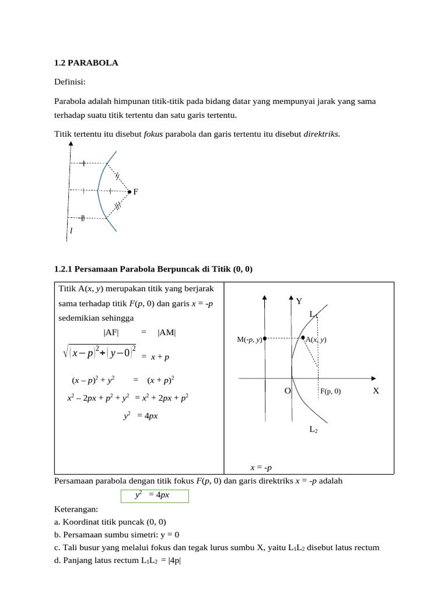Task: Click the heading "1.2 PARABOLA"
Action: click(x=86, y=62)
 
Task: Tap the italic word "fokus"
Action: click(x=153, y=134)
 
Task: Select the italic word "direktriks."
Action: click(x=321, y=134)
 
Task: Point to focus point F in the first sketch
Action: click(x=130, y=191)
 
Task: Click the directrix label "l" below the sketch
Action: click(x=71, y=231)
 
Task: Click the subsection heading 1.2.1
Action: click(x=154, y=269)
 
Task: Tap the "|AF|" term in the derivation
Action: click(x=111, y=333)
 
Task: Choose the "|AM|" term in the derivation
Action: click(x=167, y=333)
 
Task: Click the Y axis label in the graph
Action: click(x=299, y=302)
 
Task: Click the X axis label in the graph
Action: click(x=376, y=391)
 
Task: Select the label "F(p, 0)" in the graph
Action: click(x=330, y=392)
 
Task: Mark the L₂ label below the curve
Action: click(x=313, y=430)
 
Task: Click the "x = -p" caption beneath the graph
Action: click(x=261, y=467)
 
